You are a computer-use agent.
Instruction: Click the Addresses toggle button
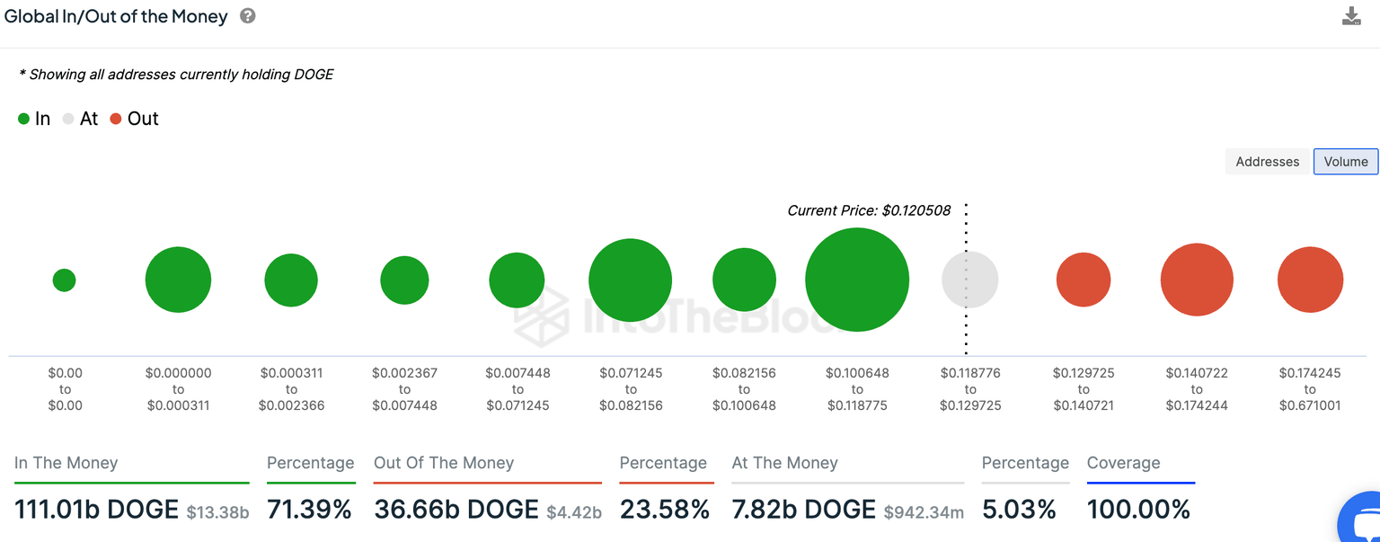(1267, 162)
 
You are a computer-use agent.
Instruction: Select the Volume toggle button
(1345, 162)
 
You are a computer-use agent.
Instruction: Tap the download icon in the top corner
(1351, 16)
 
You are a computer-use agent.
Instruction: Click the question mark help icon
(248, 16)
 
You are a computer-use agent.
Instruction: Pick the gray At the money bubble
(969, 280)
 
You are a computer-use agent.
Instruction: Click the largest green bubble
(857, 280)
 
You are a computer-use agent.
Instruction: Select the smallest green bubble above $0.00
(64, 280)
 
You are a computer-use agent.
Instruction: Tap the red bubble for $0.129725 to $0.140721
(1084, 280)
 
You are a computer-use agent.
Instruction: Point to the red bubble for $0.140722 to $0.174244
(1197, 280)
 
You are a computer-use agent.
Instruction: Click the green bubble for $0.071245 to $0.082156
(631, 280)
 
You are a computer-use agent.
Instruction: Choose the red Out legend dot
(116, 119)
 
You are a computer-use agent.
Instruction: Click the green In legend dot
(24, 119)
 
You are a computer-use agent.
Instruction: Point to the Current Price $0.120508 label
(869, 210)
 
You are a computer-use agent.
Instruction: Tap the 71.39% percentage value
(309, 510)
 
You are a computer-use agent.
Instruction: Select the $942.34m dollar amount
(924, 512)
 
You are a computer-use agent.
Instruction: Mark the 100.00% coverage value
(1138, 510)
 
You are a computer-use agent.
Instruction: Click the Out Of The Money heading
(444, 463)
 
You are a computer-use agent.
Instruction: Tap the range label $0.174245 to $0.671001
(1310, 389)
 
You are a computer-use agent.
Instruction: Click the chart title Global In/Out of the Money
(116, 16)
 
